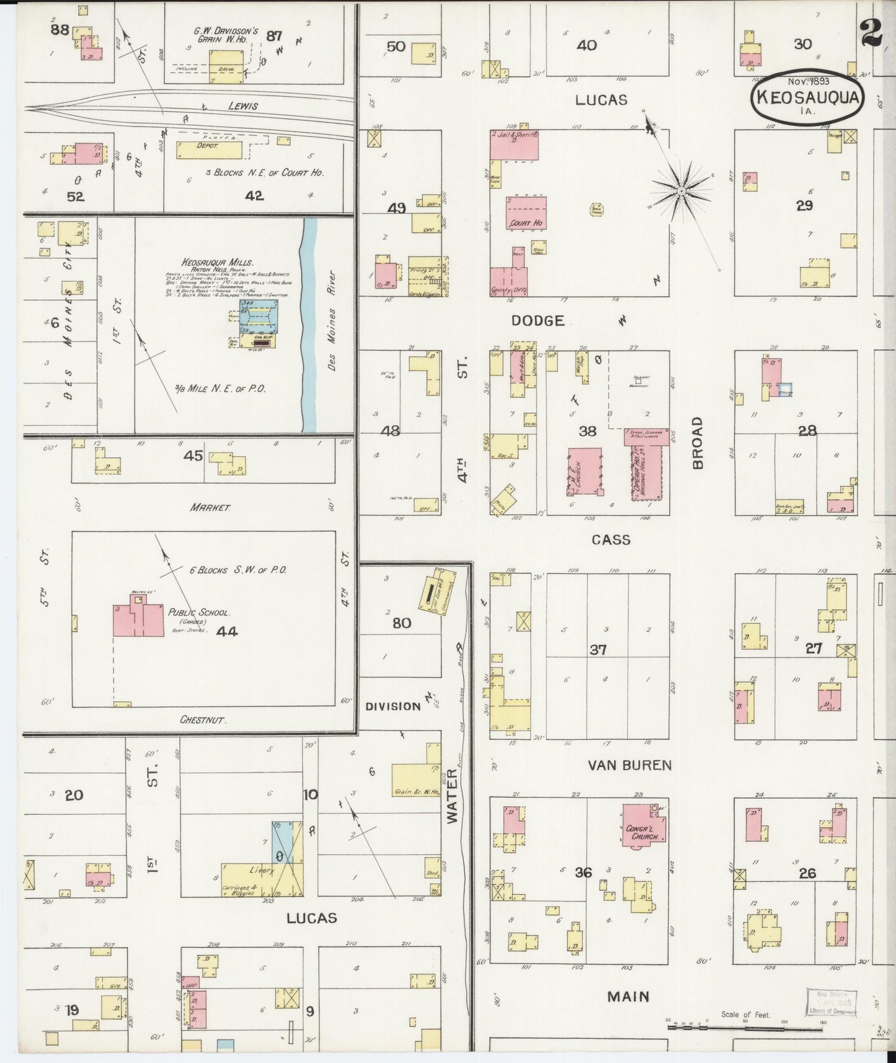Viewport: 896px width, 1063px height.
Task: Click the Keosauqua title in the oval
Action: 807,98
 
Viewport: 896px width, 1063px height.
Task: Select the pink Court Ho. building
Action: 526,213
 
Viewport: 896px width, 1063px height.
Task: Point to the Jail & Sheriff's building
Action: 514,145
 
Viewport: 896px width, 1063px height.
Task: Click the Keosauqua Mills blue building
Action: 259,318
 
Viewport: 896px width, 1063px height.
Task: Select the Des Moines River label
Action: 332,321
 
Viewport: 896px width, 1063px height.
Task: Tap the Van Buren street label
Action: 629,765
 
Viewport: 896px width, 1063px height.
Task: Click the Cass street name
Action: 611,540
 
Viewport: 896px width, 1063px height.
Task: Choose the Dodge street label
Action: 538,321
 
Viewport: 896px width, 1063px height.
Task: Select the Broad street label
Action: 697,443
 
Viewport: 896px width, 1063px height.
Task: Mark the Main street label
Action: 628,997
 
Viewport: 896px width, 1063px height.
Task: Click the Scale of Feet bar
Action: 744,1027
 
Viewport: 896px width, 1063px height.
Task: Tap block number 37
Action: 598,650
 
